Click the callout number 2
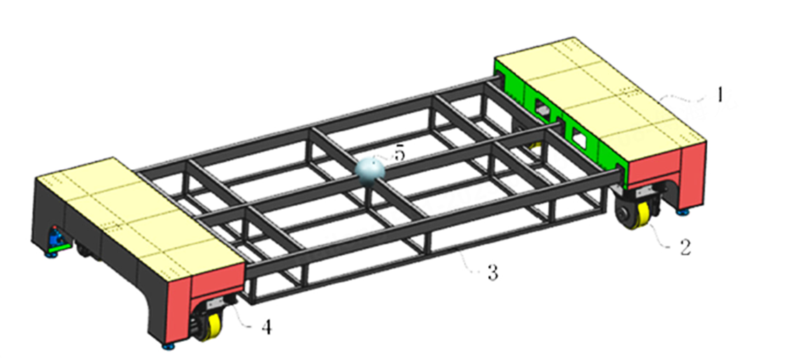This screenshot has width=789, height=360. (686, 245)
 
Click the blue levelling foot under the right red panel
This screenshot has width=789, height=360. (684, 210)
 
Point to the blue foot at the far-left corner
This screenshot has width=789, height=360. (50, 254)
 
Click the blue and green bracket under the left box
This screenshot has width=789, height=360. (58, 240)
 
